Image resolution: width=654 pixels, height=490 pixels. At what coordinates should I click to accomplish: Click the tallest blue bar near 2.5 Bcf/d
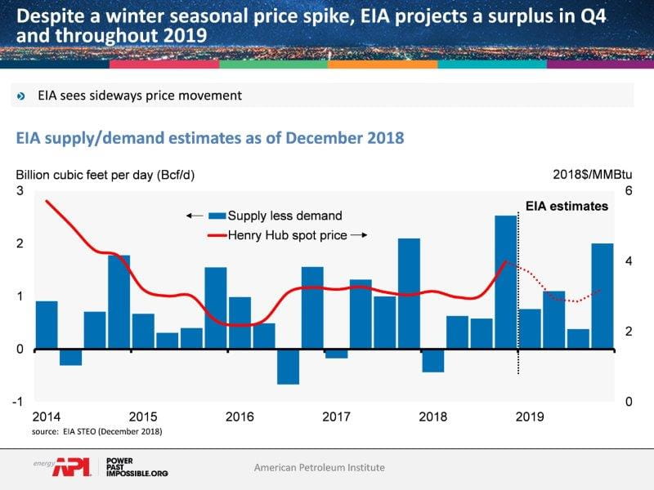coord(505,282)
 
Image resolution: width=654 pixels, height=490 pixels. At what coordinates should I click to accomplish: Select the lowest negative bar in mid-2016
coord(288,367)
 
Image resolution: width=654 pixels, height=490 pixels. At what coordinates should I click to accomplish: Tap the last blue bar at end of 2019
coord(602,296)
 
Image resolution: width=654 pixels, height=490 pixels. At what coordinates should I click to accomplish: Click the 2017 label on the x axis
coord(336,416)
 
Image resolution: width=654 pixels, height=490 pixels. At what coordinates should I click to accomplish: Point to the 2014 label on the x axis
coord(46,416)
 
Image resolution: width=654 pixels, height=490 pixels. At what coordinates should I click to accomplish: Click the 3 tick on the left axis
coord(20,191)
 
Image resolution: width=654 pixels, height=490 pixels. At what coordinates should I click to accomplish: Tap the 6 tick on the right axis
coord(629,191)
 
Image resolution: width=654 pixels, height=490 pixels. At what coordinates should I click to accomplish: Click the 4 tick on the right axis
coord(629,261)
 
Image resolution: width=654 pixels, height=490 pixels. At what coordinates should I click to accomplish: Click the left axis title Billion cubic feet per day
coord(105,175)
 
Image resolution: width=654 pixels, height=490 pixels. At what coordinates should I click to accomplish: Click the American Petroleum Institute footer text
coord(319,468)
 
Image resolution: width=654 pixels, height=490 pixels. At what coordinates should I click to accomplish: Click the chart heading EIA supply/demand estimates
coord(210,137)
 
